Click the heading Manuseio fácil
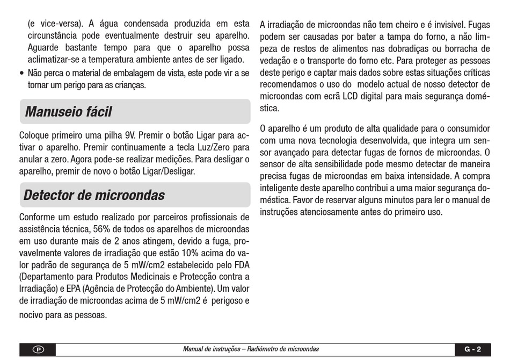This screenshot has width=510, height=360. pyautogui.click(x=68, y=112)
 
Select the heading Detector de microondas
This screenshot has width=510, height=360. pyautogui.click(x=94, y=195)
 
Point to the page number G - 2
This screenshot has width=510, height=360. pyautogui.click(x=472, y=349)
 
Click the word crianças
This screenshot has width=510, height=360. pyautogui.click(x=130, y=85)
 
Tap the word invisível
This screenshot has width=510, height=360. pyautogui.click(x=447, y=25)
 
